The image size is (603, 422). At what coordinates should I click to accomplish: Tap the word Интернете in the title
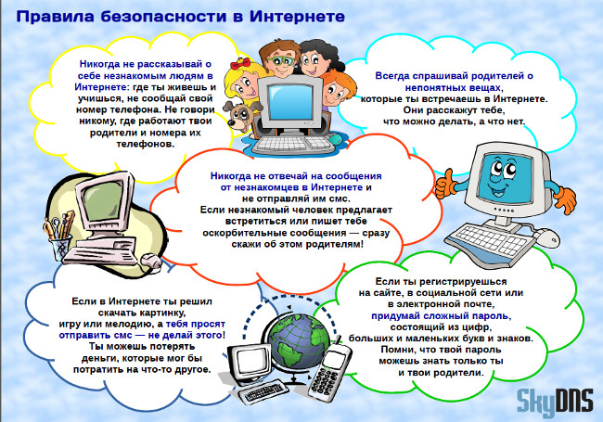297,17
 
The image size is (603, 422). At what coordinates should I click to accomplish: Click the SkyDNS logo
554,402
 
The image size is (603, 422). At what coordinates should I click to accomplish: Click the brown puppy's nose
232,122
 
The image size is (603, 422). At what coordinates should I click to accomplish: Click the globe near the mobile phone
299,338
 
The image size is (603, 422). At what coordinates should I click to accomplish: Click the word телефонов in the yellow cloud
146,144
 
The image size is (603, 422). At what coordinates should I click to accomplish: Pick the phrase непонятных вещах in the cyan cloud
453,87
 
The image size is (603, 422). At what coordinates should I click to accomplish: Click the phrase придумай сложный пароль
440,316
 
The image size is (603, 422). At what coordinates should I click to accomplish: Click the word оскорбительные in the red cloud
245,233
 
